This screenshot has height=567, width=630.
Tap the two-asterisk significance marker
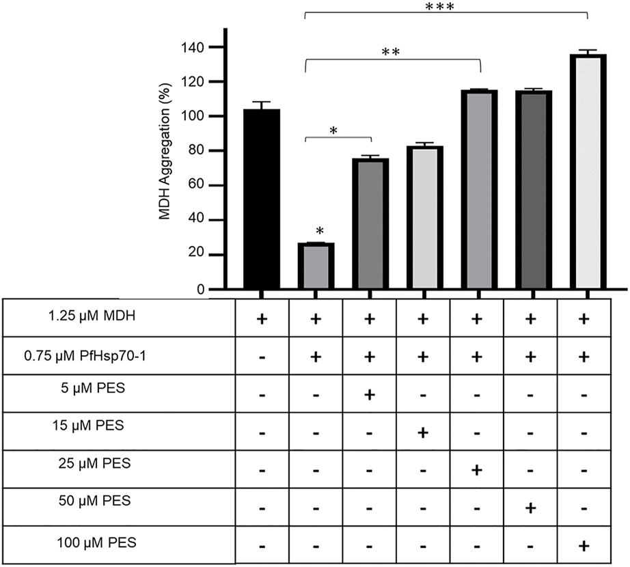[390, 52]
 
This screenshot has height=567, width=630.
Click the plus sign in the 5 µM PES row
[369, 394]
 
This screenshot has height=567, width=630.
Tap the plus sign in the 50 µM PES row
[531, 509]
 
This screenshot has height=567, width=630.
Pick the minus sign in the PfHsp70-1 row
[260, 358]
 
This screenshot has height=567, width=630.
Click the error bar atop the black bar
[260, 105]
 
